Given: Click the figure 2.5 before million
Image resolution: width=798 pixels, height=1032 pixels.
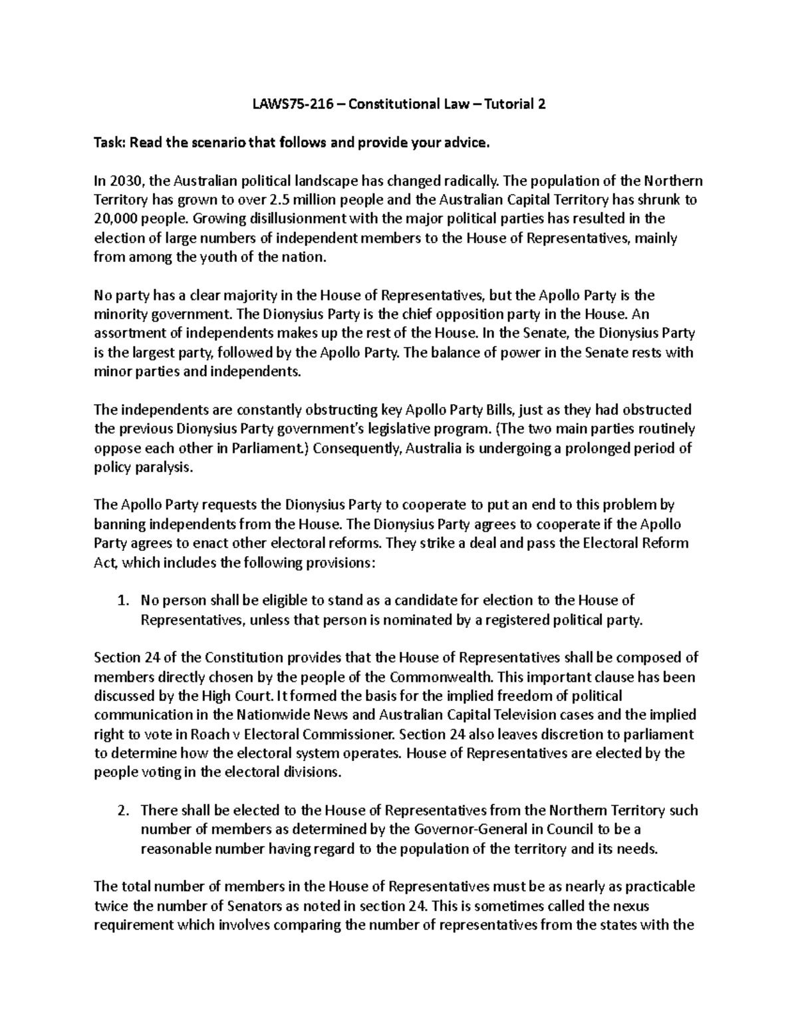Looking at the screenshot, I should click(280, 200).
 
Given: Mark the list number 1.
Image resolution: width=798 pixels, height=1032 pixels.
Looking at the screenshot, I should click(122, 601).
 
